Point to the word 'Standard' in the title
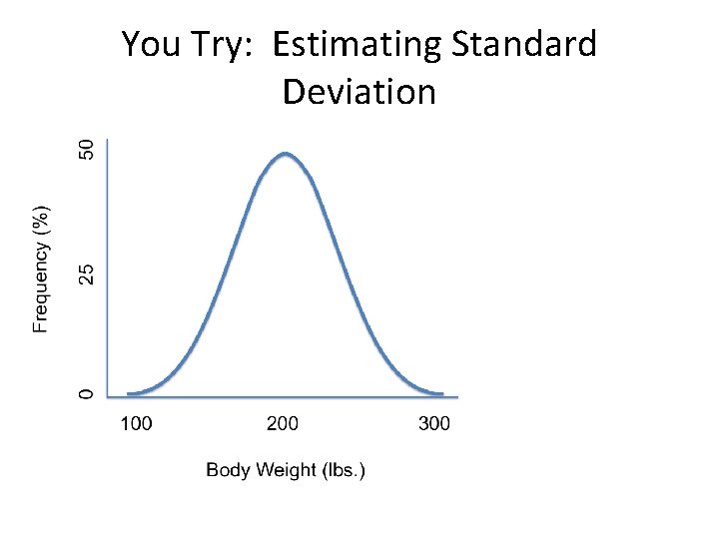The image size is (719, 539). point(524,45)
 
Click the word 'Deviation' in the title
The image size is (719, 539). point(359,92)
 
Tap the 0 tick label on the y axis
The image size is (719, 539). point(87,394)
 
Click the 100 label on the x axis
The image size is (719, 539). point(136,424)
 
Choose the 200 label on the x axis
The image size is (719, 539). point(282,424)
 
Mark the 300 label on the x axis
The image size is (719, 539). point(433,424)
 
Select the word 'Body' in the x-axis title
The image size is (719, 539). point(227,470)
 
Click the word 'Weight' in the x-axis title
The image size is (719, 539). point(287,470)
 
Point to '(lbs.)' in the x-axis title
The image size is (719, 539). point(344,470)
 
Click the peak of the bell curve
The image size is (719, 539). point(286,154)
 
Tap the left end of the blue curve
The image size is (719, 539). point(129,394)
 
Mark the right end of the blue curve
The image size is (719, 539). point(442,394)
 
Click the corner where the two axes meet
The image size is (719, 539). point(107,396)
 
